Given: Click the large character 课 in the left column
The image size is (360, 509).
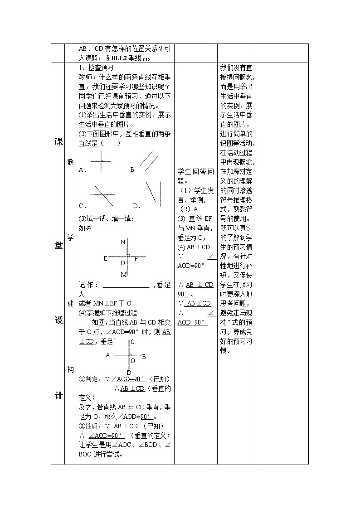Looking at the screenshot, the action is (x=58, y=141).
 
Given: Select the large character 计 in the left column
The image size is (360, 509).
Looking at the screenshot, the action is (x=58, y=395).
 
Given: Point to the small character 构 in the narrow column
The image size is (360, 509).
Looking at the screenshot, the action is (x=70, y=369).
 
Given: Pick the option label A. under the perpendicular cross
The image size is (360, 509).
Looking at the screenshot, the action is (x=83, y=170).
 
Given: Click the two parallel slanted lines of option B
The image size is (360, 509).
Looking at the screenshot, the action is (x=148, y=160).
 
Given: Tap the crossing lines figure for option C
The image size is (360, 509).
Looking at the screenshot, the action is (x=102, y=195).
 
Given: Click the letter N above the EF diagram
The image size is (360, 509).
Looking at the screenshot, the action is (x=122, y=242).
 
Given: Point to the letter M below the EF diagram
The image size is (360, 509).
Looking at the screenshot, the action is (x=123, y=275).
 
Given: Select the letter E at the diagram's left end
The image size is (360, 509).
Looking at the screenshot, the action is (x=105, y=258).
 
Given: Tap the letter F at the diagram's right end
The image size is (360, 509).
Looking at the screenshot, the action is (x=136, y=258).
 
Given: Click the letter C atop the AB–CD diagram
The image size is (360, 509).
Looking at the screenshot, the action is (x=132, y=342).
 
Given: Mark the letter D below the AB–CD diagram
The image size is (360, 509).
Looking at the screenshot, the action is (x=129, y=373).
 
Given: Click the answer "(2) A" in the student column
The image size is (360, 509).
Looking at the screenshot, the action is (x=189, y=209).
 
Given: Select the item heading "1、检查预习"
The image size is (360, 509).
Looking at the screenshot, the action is (x=96, y=67).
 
